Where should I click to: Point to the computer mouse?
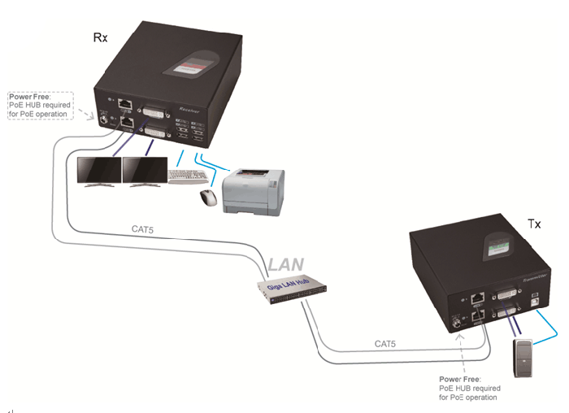[x=209, y=196]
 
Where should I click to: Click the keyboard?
[x=189, y=175]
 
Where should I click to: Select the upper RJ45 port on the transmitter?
[x=478, y=298]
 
